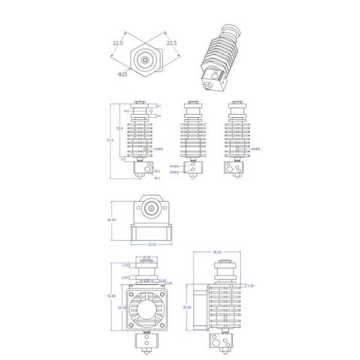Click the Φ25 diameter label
pos(122,74)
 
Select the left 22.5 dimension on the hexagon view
pos(117,43)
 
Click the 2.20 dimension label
pos(249,285)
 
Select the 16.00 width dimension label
pos(146,257)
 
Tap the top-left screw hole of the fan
pos(133,290)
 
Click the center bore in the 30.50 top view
pos(152,209)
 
